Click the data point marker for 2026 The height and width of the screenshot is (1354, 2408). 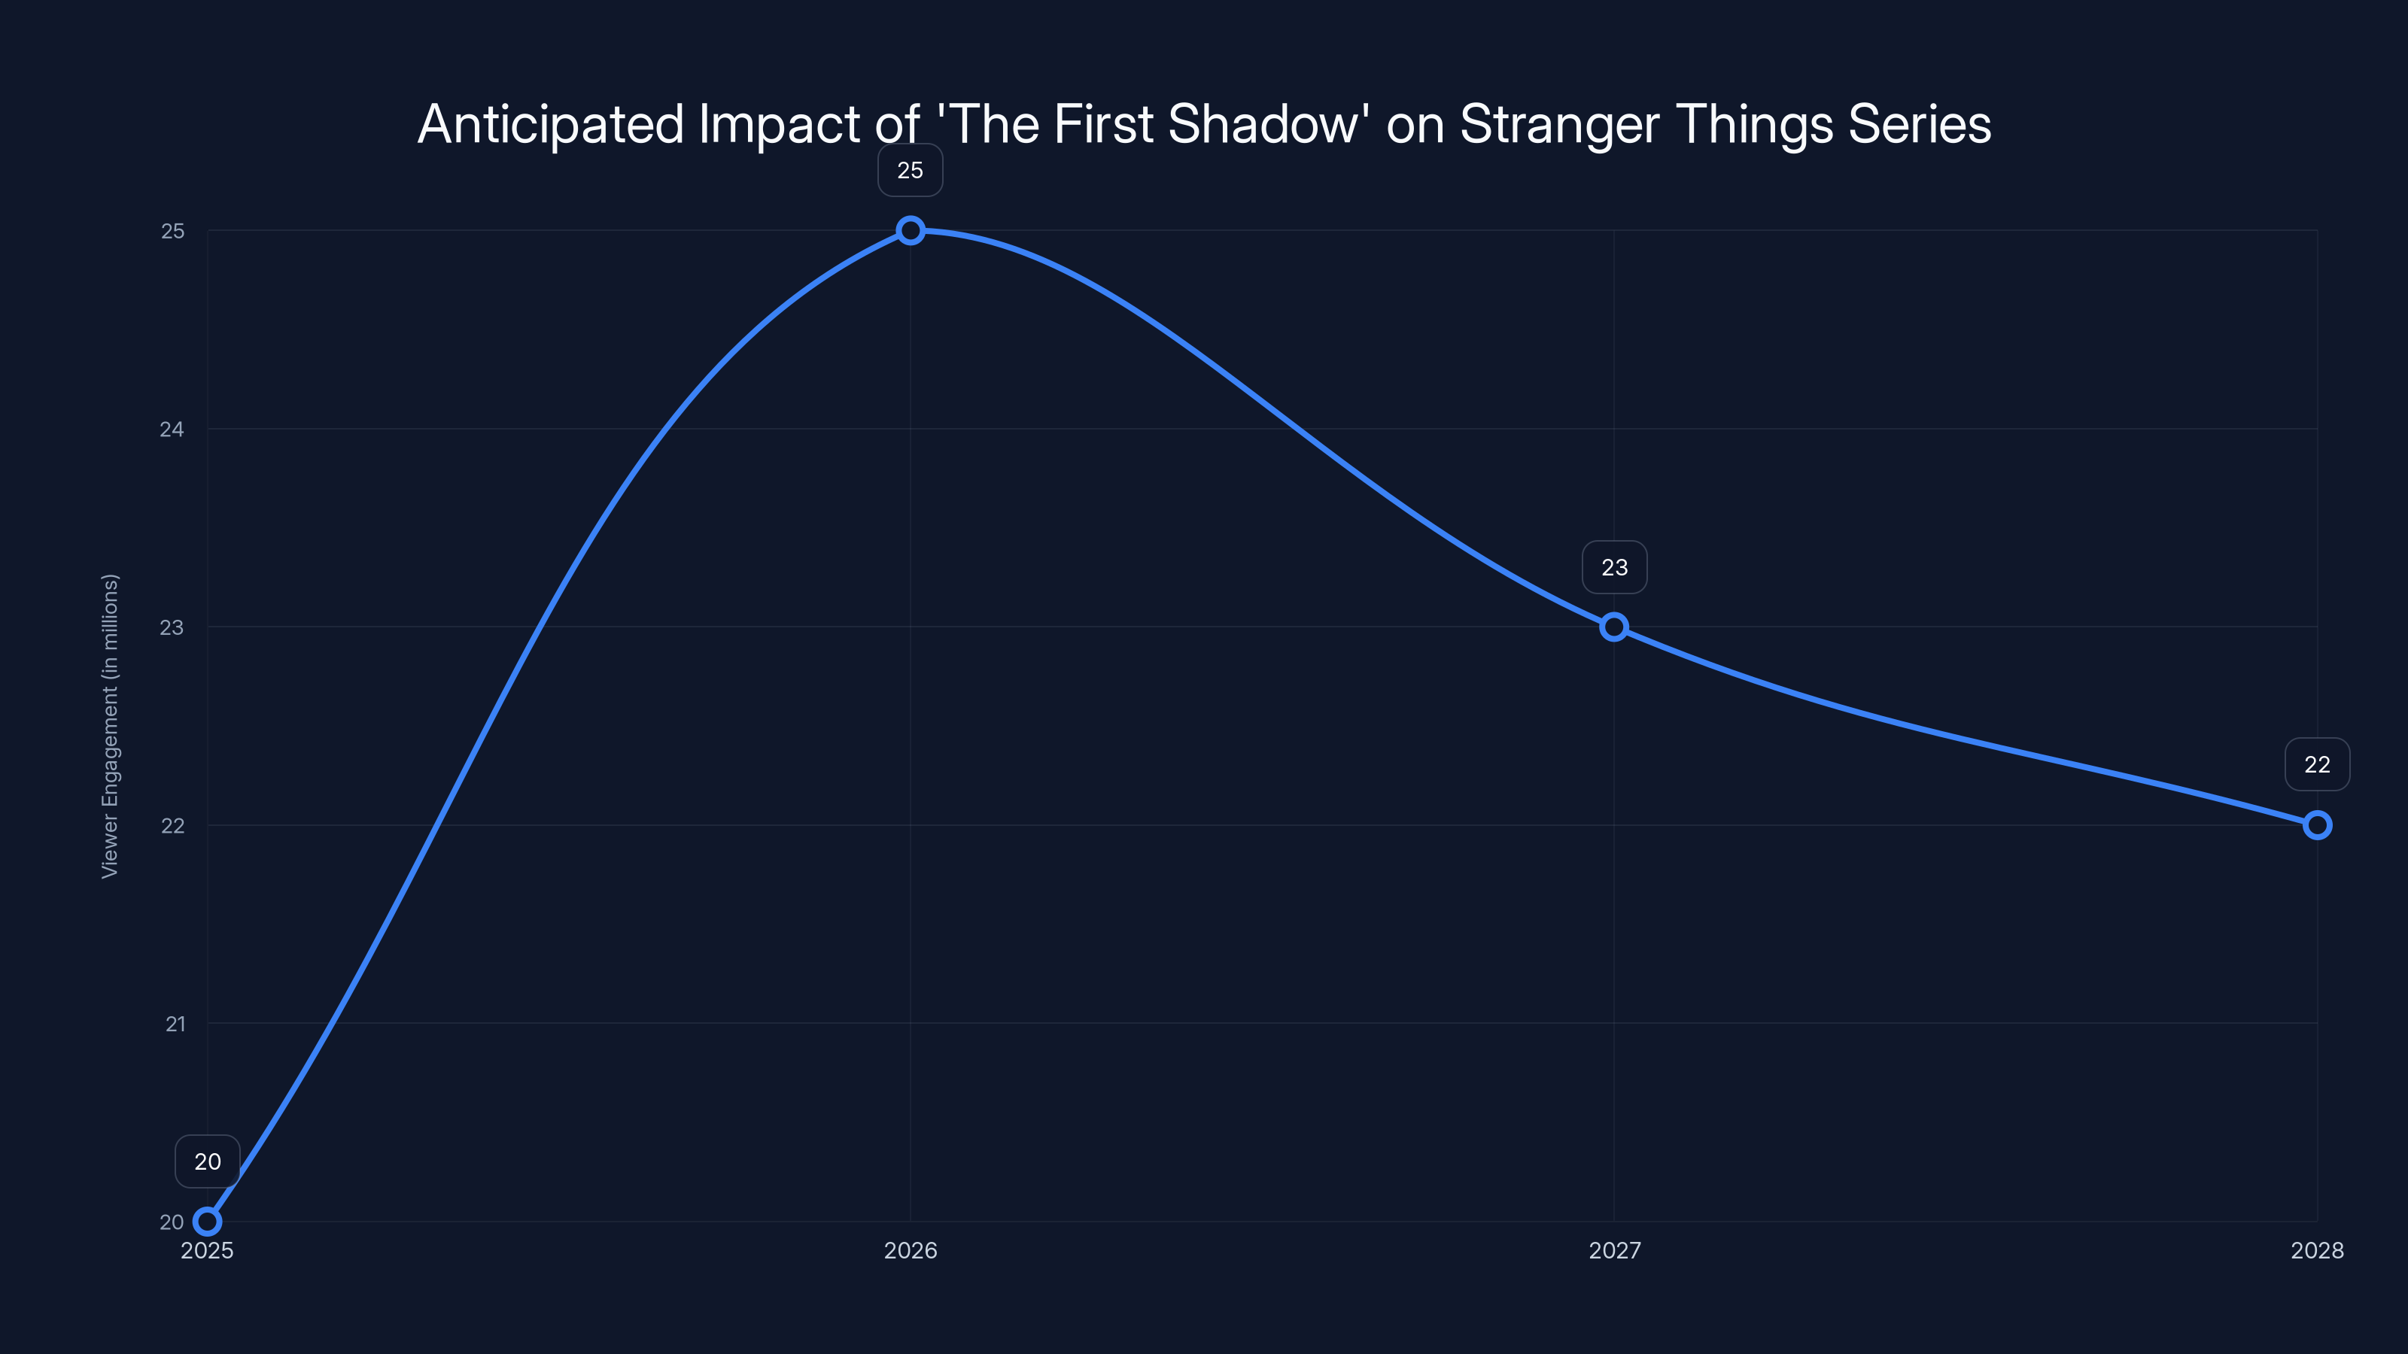click(911, 230)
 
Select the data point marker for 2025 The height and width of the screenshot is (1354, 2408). click(208, 1222)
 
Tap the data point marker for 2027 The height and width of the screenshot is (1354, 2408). click(1613, 627)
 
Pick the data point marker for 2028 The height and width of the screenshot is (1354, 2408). click(2316, 825)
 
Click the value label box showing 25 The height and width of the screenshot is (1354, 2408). click(910, 170)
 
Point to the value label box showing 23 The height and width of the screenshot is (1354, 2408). click(1614, 567)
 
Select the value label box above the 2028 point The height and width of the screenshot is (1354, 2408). click(2316, 764)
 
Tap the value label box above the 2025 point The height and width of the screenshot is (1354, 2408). click(208, 1161)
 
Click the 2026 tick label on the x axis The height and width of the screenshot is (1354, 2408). click(911, 1250)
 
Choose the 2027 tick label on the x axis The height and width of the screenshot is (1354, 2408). click(1614, 1250)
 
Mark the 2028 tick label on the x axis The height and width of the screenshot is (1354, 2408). click(2316, 1250)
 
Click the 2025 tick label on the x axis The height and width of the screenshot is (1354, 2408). click(208, 1250)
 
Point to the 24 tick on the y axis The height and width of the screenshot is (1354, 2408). click(172, 429)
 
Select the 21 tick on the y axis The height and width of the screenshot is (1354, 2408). click(175, 1024)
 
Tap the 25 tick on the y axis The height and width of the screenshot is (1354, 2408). click(173, 231)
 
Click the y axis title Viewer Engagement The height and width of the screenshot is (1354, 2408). click(111, 726)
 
